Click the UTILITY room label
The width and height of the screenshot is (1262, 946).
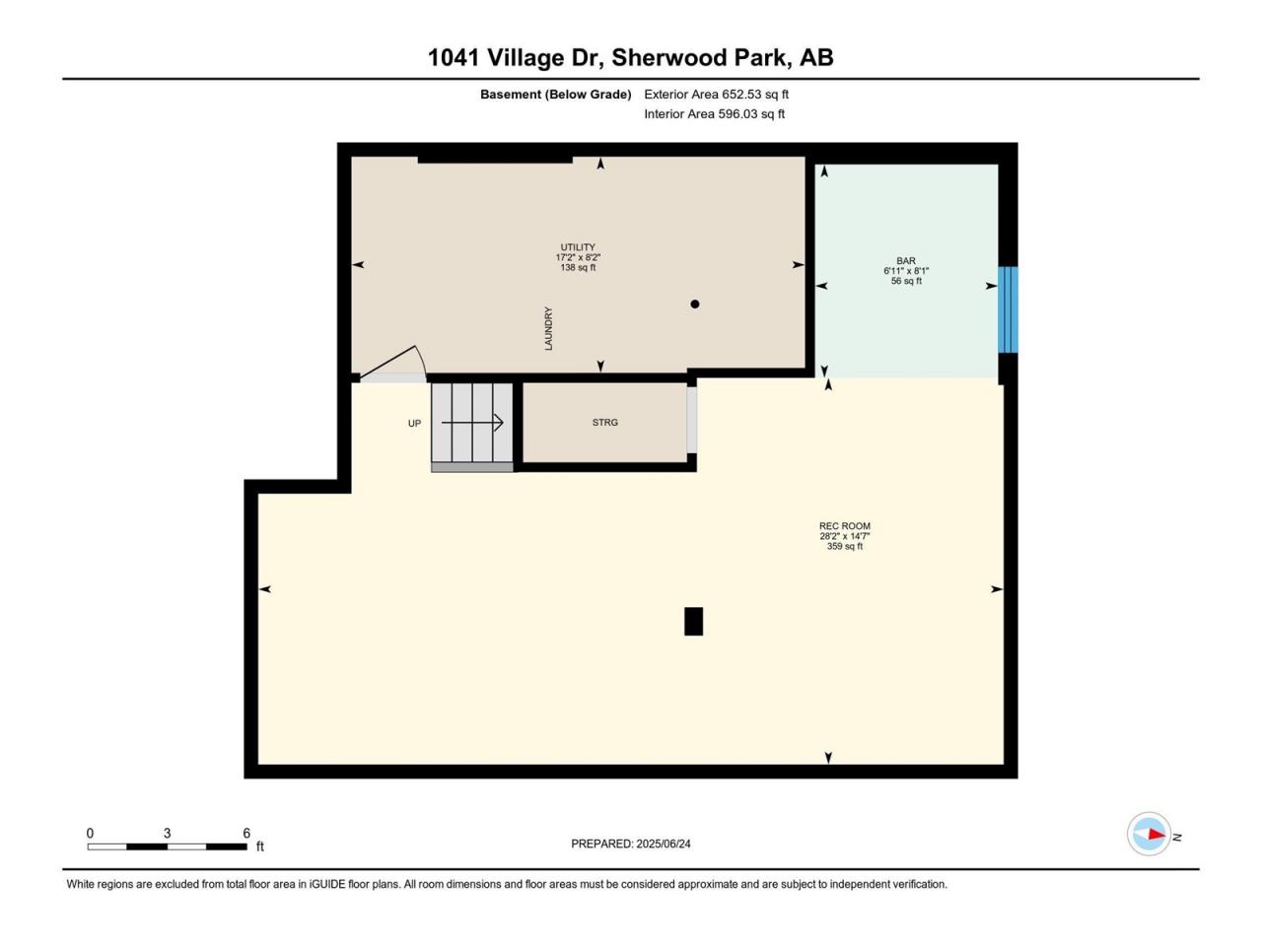577,247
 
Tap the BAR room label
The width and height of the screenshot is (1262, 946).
906,261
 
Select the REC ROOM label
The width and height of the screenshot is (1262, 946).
845,525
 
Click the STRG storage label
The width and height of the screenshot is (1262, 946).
604,422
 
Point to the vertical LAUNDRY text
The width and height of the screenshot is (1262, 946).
548,328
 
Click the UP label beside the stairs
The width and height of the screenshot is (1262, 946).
414,424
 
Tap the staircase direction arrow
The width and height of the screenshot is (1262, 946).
472,424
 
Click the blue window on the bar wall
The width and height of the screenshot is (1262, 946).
1008,309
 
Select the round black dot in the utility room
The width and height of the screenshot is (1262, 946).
694,304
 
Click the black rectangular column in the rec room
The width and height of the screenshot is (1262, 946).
693,622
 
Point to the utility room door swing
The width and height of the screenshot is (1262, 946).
394,361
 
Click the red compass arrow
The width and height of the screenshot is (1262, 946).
1157,834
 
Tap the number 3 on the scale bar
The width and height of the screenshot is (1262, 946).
167,833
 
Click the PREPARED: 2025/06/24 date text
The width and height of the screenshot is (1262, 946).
631,844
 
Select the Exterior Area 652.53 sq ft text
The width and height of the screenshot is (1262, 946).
717,95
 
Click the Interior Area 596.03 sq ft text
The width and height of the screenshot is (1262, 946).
714,113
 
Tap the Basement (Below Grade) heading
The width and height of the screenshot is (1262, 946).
555,95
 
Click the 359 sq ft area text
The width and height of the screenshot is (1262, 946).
845,546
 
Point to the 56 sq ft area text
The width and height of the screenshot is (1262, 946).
906,281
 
